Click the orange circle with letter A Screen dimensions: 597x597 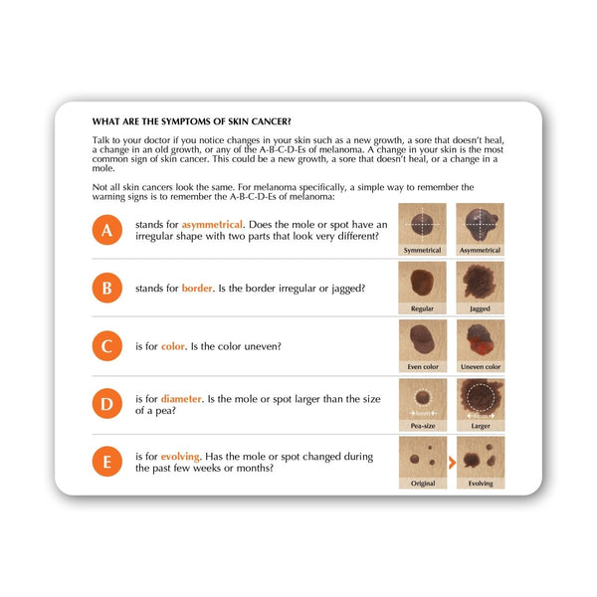point(106,231)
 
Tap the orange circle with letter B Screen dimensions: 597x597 point(106,289)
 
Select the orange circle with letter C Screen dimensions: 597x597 point(106,346)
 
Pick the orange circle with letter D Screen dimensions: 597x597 point(106,405)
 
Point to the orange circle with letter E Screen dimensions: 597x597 point(106,463)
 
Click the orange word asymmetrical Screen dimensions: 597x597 point(214,225)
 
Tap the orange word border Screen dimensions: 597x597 point(197,289)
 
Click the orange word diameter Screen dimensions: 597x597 point(181,399)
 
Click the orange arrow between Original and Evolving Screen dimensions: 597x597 point(451,463)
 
